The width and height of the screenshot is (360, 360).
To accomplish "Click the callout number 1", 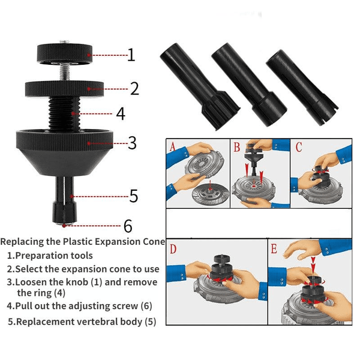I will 131,55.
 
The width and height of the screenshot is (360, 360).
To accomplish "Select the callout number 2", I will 134,89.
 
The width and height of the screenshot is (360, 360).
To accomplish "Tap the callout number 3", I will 133,143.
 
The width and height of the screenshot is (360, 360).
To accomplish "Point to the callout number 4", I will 121,113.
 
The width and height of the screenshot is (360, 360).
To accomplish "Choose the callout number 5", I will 134,196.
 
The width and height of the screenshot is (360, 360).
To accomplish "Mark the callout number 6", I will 128,226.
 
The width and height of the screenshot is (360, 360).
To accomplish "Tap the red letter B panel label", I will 237,148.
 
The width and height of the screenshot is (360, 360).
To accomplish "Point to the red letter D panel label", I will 174,248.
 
